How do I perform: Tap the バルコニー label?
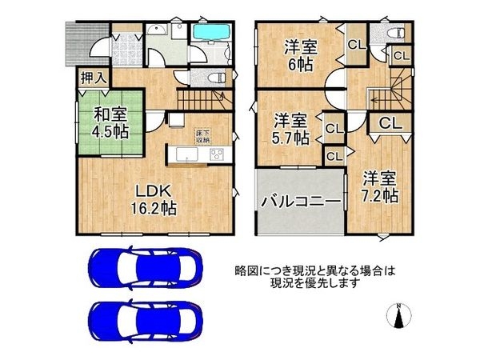tap(299, 200)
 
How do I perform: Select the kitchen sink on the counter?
tap(182, 154)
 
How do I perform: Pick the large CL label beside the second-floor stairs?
tap(390, 123)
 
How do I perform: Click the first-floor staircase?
tap(200, 99)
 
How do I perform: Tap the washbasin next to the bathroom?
tap(158, 33)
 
